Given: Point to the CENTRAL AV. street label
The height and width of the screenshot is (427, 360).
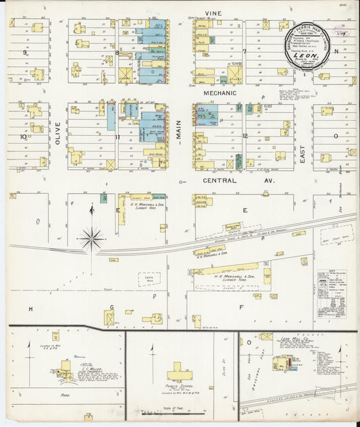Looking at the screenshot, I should pyautogui.click(x=220, y=181).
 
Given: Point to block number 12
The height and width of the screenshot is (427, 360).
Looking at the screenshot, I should pyautogui.click(x=245, y=136).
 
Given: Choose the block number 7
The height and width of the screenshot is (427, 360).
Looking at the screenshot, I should pyautogui.click(x=245, y=51).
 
